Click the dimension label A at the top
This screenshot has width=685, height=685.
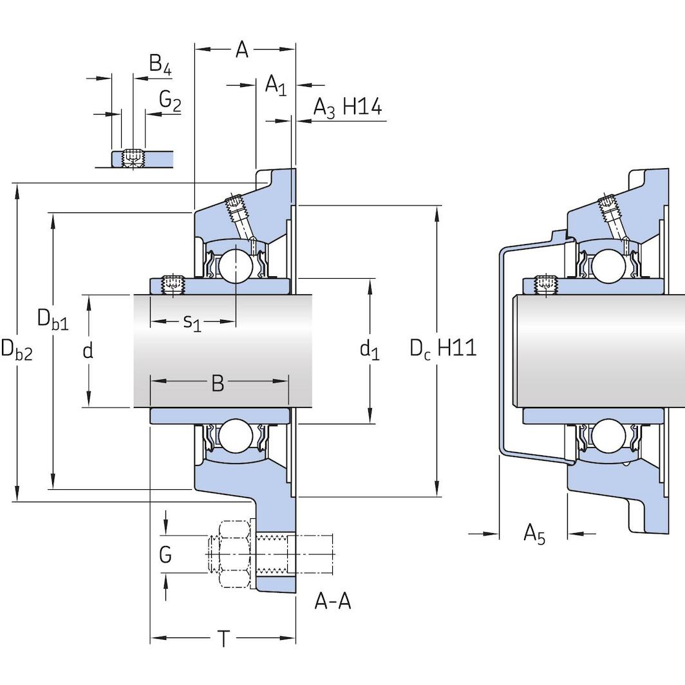[x=242, y=50]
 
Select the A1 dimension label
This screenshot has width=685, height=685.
[x=276, y=85]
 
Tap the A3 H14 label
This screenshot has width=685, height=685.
[x=347, y=108]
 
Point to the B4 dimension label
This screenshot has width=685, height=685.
[x=160, y=64]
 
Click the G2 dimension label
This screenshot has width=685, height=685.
[x=170, y=100]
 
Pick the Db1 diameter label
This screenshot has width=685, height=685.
[x=52, y=319]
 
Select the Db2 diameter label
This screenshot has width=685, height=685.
[x=16, y=350]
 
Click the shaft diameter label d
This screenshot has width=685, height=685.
[x=88, y=351]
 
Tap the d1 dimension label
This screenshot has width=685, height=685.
[x=369, y=350]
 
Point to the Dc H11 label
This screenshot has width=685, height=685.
[x=443, y=348]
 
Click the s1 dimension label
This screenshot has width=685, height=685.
[x=192, y=321]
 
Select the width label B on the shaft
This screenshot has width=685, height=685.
[x=218, y=384]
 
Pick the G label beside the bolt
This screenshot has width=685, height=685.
[x=165, y=554]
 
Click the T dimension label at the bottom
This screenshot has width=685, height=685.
[x=223, y=639]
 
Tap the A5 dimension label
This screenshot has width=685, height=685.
[x=534, y=534]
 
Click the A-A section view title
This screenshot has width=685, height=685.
[x=332, y=601]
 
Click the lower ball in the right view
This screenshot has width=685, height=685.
[x=607, y=436]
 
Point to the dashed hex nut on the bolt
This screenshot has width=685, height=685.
[x=234, y=554]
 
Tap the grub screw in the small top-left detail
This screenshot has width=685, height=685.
[x=133, y=156]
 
